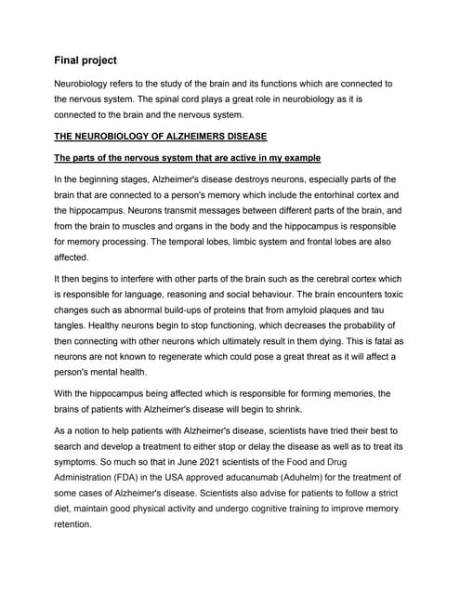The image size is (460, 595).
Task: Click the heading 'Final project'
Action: (x=85, y=60)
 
